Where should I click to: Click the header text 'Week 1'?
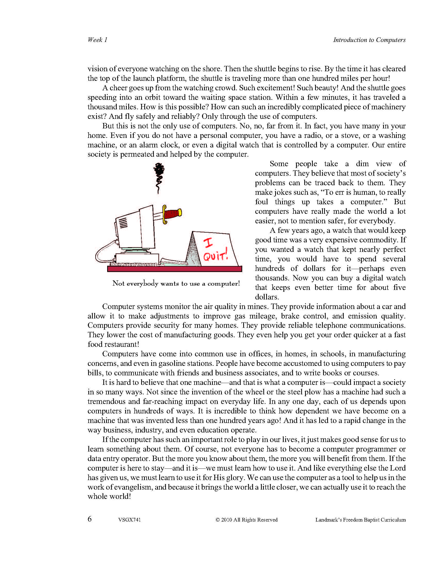pyautogui.click(x=97, y=40)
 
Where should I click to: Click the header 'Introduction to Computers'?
pyautogui.click(x=369, y=40)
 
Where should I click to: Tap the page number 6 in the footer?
pyautogui.click(x=89, y=519)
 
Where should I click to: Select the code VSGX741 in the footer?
pyautogui.click(x=129, y=520)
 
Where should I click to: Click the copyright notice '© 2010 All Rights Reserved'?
pyautogui.click(x=246, y=520)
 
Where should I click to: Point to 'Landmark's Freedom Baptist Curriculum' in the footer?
pyautogui.click(x=360, y=520)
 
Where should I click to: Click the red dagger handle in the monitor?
pyautogui.click(x=173, y=214)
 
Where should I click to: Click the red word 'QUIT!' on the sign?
pyautogui.click(x=215, y=255)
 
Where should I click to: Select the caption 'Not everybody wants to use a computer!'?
pyautogui.click(x=176, y=283)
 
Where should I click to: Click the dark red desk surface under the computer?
pyautogui.click(x=174, y=269)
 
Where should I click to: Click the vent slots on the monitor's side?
pyautogui.click(x=123, y=222)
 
